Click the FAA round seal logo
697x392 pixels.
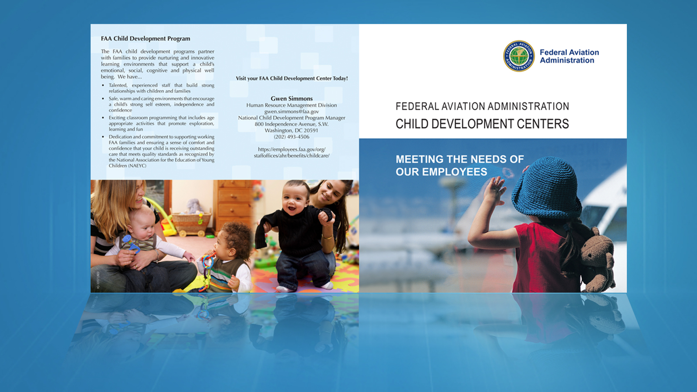click(x=519, y=56)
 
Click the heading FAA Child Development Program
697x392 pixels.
click(x=145, y=39)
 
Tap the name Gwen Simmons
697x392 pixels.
click(x=291, y=98)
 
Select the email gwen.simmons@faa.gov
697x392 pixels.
click(x=291, y=112)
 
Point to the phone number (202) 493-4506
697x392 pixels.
click(x=291, y=137)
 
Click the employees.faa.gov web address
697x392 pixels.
click(x=291, y=152)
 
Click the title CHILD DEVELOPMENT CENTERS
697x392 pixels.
click(x=482, y=124)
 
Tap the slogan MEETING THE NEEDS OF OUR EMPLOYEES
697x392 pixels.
click(x=460, y=166)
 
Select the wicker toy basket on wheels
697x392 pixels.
click(x=190, y=223)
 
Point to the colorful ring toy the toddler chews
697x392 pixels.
click(x=206, y=270)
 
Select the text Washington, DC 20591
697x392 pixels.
click(x=291, y=130)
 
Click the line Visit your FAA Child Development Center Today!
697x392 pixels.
click(x=291, y=78)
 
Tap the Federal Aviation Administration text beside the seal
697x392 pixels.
click(x=569, y=56)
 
